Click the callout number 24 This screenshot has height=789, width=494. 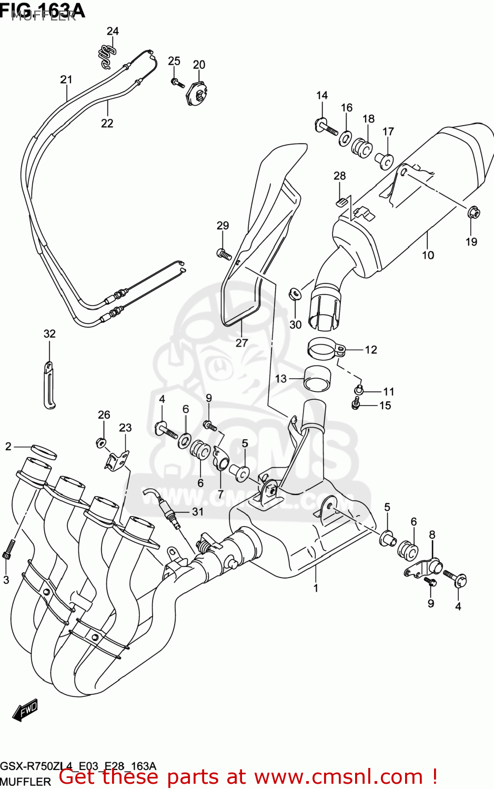tap(113, 31)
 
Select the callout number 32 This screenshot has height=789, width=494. tap(49, 333)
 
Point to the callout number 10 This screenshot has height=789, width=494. tap(428, 255)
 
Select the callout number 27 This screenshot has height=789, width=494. tap(241, 342)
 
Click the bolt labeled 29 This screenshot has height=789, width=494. tap(224, 254)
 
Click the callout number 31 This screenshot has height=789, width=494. tap(197, 511)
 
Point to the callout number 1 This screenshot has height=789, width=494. tap(316, 588)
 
